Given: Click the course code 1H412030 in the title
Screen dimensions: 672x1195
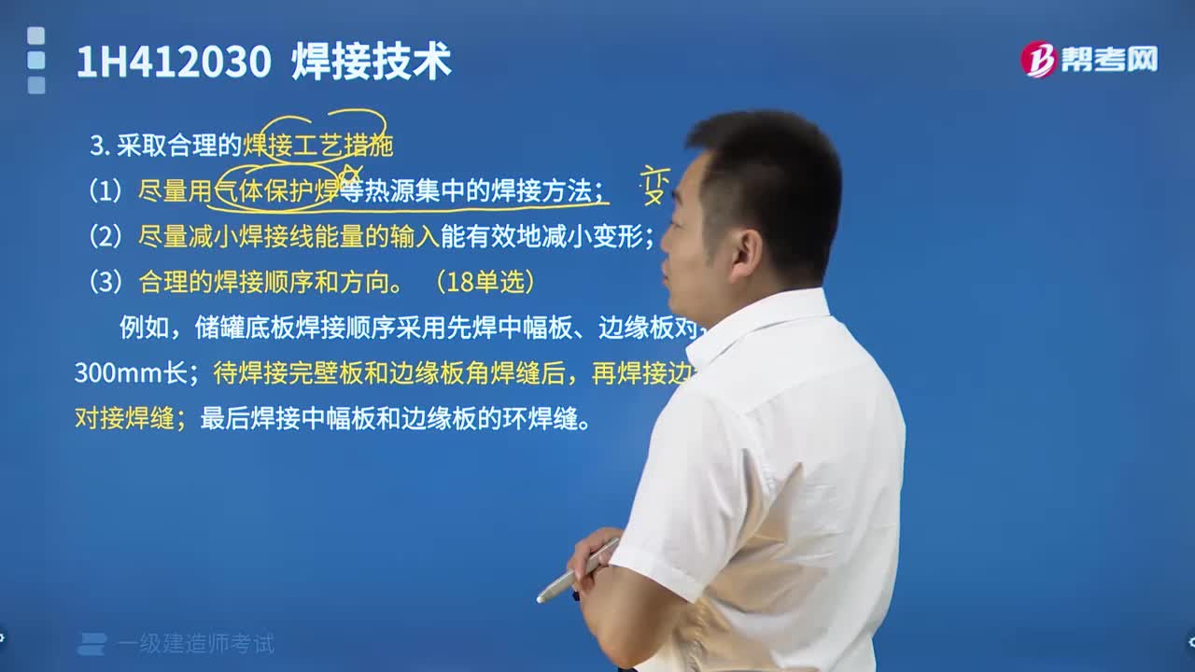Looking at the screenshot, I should point(174,63).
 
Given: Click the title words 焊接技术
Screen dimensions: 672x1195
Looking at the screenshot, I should point(372,63).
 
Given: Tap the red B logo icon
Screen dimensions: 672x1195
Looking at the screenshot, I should point(1037,60).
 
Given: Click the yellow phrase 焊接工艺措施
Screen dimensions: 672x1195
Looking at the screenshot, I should point(318,146).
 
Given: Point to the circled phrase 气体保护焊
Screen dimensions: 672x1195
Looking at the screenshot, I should point(276,191).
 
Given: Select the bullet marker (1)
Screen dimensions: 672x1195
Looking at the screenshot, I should point(105,191).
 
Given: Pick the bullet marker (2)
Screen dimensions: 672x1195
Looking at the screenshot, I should point(105,236).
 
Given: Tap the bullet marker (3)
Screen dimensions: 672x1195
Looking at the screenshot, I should point(105,282).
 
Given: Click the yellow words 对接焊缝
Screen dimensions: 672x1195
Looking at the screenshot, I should point(124,418).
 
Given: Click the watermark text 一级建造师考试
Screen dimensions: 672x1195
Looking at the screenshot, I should point(196,644).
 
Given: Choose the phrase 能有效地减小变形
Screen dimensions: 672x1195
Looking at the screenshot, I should point(545,236).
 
